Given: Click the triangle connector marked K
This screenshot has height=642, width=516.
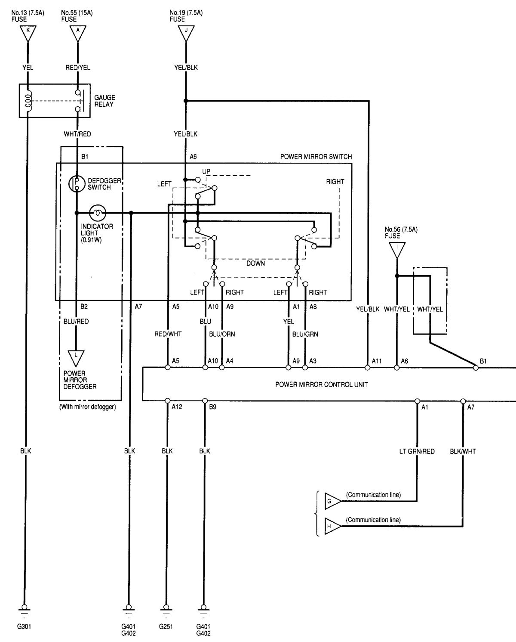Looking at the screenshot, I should click(28, 32).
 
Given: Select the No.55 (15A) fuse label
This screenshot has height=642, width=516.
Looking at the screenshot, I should click(77, 16).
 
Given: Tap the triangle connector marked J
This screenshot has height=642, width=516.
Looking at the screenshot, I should click(186, 32).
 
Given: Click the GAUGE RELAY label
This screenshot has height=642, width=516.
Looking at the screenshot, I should click(104, 101).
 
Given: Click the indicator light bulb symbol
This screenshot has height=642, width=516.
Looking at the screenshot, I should click(97, 212).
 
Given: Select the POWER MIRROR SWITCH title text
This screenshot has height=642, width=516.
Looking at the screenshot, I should click(316, 157).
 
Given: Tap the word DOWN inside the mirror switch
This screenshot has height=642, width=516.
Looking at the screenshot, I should click(255, 263).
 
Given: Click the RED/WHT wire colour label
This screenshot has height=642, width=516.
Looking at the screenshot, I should click(168, 334).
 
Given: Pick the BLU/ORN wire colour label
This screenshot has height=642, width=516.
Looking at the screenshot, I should click(222, 334).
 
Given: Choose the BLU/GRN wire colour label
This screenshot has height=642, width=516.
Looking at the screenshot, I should click(305, 334).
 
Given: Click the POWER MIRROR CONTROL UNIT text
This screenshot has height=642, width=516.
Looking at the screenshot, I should click(321, 385).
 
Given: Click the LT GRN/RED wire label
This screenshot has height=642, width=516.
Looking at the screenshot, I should click(417, 451).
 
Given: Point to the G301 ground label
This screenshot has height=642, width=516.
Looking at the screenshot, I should click(24, 626).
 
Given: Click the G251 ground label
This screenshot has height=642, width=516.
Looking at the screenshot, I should click(166, 626).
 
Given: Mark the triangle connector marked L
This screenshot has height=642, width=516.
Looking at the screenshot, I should click(76, 357).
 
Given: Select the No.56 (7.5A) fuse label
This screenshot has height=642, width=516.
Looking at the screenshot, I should click(401, 233).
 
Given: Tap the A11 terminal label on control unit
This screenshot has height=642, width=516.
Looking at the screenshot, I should click(377, 361).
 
